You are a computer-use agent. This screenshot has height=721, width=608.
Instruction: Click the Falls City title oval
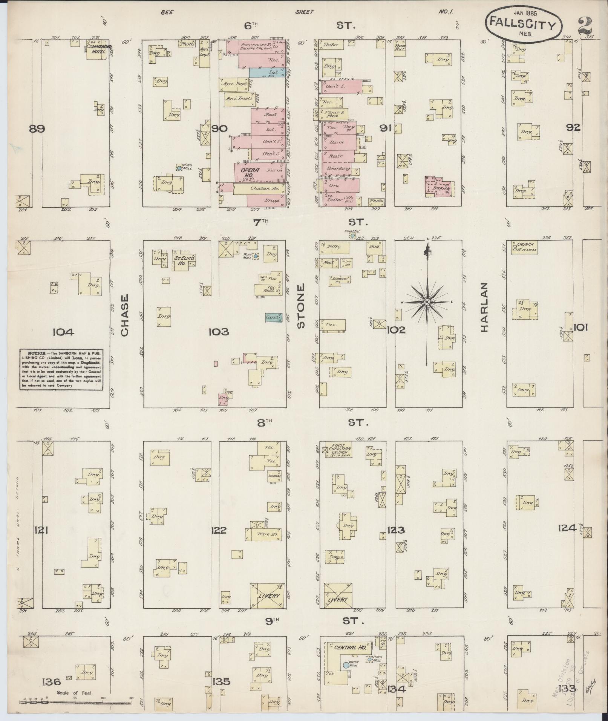523,24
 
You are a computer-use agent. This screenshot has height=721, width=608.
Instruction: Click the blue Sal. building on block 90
268,72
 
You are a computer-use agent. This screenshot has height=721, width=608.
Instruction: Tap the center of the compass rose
427,303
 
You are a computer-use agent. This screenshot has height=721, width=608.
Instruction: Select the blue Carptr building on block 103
274,318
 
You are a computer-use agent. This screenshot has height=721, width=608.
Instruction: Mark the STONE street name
300,306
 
